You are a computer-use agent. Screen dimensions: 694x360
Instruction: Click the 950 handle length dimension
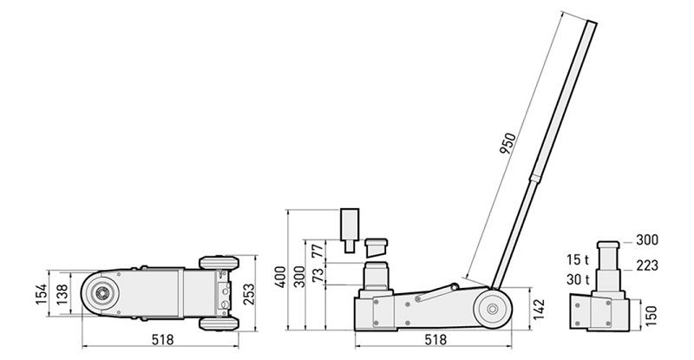(x=507, y=143)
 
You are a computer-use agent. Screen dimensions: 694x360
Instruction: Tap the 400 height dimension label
(x=280, y=277)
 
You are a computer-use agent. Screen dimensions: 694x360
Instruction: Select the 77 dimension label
(x=318, y=251)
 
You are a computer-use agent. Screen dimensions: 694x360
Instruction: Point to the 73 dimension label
(x=318, y=274)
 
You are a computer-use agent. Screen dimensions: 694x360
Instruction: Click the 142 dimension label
(x=539, y=309)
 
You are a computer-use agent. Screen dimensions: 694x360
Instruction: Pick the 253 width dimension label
(x=249, y=294)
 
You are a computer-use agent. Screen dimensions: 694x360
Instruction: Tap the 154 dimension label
(x=41, y=294)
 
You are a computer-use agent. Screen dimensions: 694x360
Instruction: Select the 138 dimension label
(x=62, y=294)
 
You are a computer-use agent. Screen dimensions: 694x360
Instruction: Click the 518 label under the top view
(x=163, y=340)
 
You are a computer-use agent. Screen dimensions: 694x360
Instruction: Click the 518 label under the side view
(x=435, y=340)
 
